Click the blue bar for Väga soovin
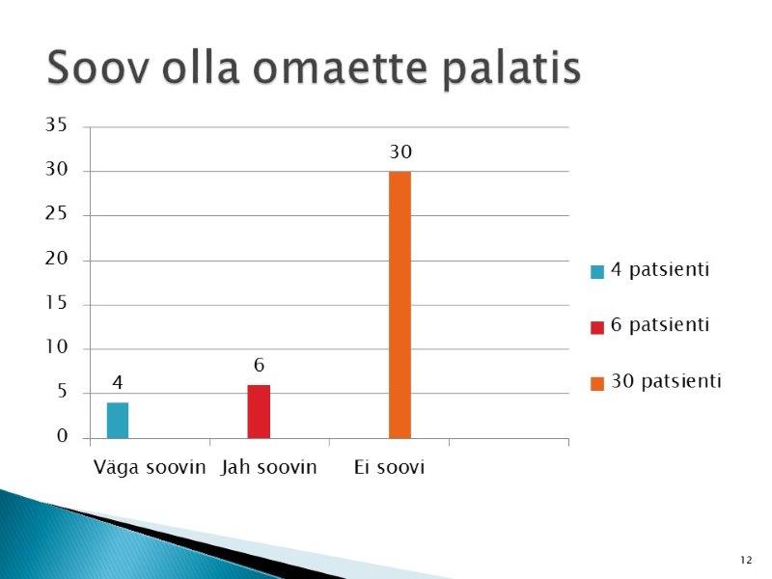pos(118,421)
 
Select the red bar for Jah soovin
pos(259,412)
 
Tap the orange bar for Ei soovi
pos(400,305)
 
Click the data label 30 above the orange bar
pos(400,152)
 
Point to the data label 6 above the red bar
pos(259,366)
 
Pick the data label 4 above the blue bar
pos(118,382)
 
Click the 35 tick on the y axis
pos(56,125)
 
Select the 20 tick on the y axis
pos(56,259)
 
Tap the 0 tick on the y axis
pos(62,436)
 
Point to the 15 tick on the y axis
pos(56,303)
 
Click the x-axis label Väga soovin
pos(150,467)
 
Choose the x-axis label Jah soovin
pos(269,467)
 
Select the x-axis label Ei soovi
pos(389,467)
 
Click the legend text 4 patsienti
pos(660,270)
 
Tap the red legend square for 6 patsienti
pos(597,327)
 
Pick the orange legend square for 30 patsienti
pos(597,383)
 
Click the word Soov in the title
pos(97,68)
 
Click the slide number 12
pos(746,560)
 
